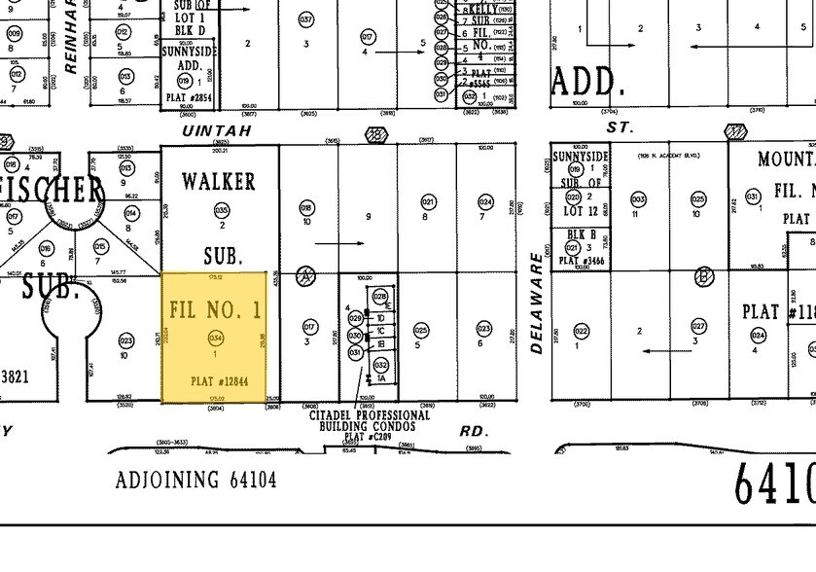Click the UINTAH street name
pos(218,130)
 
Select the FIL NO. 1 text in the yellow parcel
pos(215,310)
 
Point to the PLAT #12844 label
pos(215,380)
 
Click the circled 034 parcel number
pos(215,338)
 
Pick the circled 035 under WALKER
pos(221,210)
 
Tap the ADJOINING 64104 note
pos(195,481)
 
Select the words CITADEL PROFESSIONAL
pos(370,415)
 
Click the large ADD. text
pos(585,81)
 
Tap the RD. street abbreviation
pos(473,430)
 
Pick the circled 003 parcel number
pos(638,199)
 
